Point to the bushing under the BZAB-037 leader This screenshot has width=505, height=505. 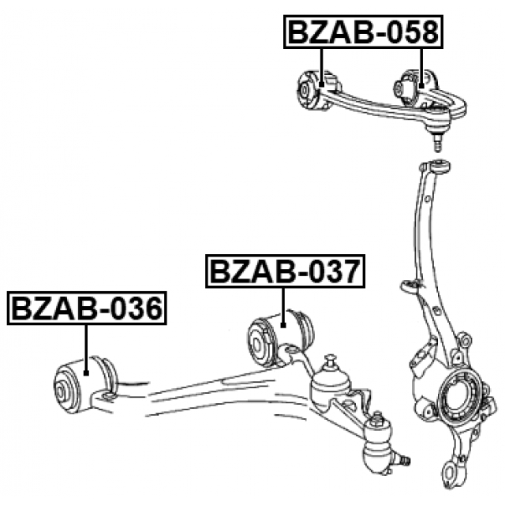pyautogui.click(x=276, y=336)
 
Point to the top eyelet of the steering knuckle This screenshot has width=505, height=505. pyautogui.click(x=440, y=166)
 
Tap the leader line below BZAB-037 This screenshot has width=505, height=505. pyautogui.click(x=283, y=304)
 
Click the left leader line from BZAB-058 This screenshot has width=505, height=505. pyautogui.click(x=322, y=63)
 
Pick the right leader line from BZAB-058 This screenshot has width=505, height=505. pyautogui.click(x=422, y=63)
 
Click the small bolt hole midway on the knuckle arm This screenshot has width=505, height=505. pyautogui.click(x=411, y=286)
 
